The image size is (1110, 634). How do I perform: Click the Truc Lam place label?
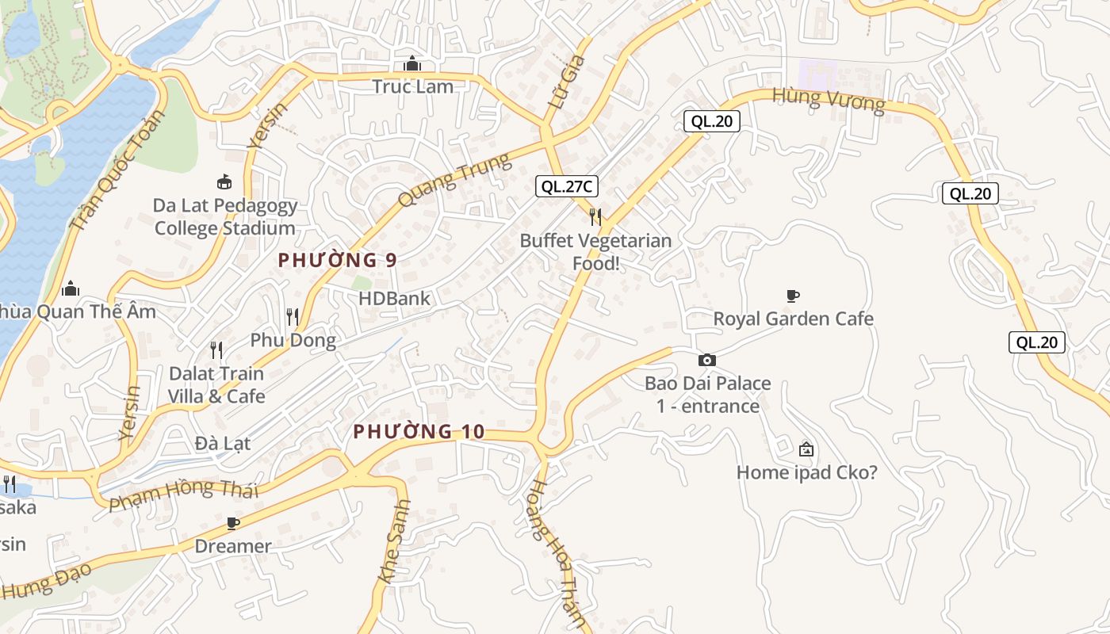[x=413, y=86]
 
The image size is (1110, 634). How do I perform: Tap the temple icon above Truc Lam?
[x=412, y=63]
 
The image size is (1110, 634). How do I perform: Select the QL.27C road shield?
[x=566, y=187]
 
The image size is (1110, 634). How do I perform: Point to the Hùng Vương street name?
[x=829, y=101]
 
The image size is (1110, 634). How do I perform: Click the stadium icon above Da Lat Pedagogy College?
[x=225, y=182]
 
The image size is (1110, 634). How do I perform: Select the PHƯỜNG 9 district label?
[x=337, y=260]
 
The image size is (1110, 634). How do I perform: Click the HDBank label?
[x=394, y=299]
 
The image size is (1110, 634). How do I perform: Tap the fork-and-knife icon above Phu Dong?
[x=293, y=317]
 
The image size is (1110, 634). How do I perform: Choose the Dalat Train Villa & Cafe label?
[x=216, y=384]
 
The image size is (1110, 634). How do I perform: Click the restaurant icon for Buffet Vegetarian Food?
[x=595, y=216]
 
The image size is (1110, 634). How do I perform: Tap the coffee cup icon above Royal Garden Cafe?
[x=792, y=296]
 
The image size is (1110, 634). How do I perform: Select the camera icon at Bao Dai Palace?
[x=707, y=361]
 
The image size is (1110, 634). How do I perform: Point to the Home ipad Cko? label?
[x=807, y=473]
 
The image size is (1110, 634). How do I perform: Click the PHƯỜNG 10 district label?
[x=418, y=432]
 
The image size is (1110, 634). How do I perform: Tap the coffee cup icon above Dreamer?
[x=232, y=523]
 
